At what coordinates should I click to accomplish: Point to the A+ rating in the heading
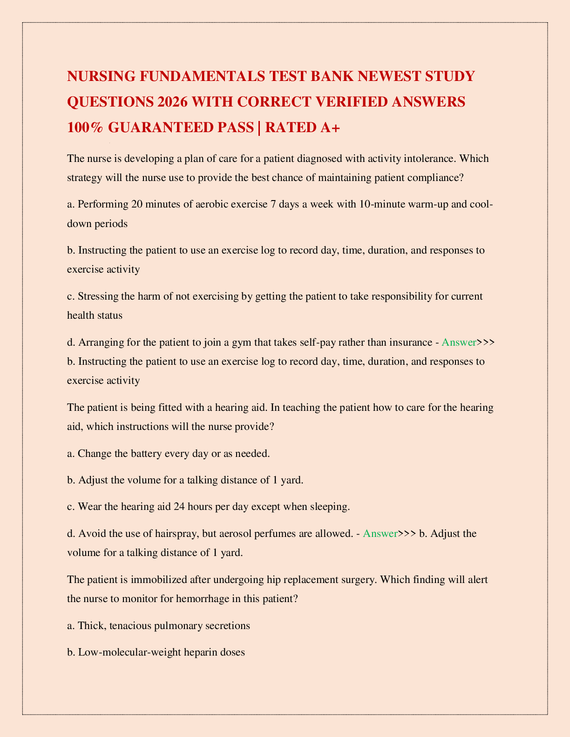[x=329, y=127]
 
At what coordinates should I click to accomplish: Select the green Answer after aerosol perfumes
[x=380, y=533]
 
